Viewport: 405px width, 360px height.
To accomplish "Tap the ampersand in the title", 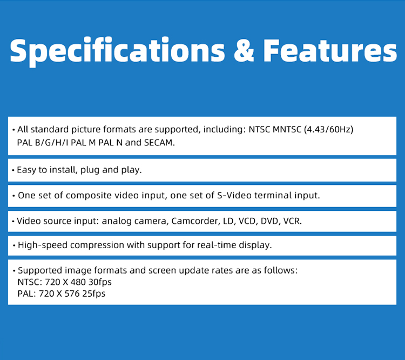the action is click(x=244, y=50).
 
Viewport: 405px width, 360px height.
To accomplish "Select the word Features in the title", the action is click(x=330, y=51).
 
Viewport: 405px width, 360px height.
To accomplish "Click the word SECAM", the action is click(x=159, y=143).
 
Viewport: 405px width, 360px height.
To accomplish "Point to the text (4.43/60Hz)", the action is click(x=328, y=129).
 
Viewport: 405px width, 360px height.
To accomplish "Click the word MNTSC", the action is click(x=287, y=129).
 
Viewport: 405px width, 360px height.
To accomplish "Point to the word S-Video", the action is click(x=234, y=195).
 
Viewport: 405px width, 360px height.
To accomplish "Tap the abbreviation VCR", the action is click(x=292, y=221).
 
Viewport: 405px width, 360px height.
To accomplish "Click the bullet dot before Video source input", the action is click(x=13, y=222).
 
